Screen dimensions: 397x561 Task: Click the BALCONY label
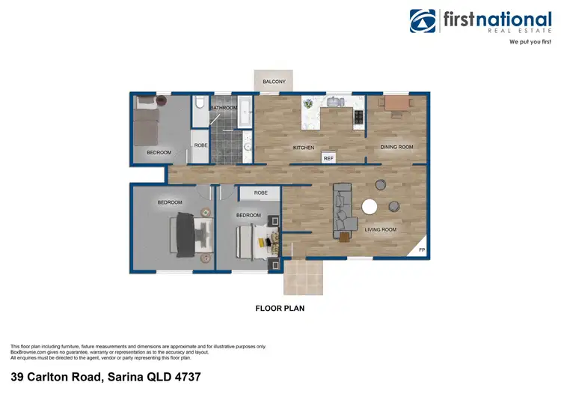point(274,81)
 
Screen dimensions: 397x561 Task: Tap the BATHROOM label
point(223,108)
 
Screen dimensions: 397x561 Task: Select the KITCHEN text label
point(303,148)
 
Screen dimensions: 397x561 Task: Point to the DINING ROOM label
point(396,148)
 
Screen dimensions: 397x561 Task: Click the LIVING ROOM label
point(380,230)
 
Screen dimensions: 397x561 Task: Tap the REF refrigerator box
point(328,158)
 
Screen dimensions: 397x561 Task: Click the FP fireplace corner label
point(422,249)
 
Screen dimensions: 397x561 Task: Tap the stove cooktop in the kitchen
point(358,116)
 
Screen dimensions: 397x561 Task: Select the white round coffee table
point(370,207)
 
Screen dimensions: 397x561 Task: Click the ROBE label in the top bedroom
point(200,145)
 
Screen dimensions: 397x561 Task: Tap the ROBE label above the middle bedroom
point(260,193)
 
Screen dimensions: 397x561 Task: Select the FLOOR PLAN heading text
point(280,308)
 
